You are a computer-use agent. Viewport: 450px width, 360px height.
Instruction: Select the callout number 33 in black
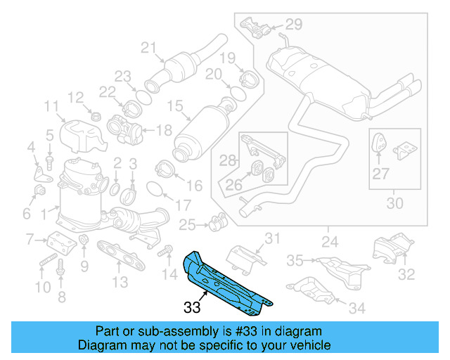[x=192, y=307]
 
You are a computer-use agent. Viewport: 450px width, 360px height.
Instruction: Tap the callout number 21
[x=148, y=48]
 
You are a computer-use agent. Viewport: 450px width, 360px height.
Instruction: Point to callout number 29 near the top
[x=292, y=25]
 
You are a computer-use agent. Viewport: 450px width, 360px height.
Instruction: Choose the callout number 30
[x=395, y=204]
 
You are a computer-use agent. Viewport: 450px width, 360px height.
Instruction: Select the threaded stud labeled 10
[x=44, y=264]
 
